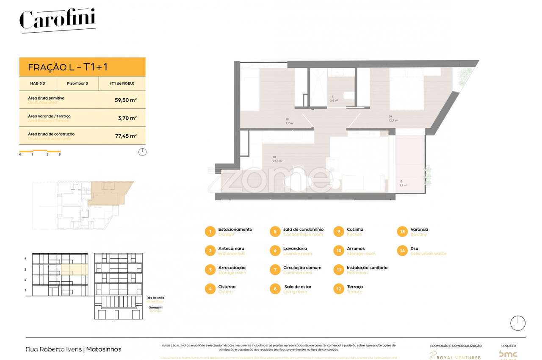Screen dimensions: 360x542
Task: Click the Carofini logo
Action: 58,20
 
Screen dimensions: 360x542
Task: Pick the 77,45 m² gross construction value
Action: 127,136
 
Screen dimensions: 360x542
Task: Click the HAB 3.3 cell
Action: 37,83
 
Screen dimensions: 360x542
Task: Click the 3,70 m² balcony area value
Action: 127,118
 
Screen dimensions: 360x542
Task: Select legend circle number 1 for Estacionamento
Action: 210,232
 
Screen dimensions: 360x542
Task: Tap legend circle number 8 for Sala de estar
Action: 275,289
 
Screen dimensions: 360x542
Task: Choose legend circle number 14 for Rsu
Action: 402,251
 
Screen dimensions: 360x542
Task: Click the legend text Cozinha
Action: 355,230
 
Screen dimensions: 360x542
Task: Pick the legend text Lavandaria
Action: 295,249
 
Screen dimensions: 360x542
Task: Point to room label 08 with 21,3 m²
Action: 278,159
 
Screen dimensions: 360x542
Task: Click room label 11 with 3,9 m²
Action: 334,99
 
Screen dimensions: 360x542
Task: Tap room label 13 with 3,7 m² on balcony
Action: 403,183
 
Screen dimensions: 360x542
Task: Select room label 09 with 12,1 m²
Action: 393,119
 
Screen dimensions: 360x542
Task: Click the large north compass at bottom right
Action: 517,323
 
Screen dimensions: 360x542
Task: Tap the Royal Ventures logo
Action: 456,355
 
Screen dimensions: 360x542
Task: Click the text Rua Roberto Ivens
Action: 54,349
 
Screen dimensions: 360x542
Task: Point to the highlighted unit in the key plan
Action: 108,193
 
